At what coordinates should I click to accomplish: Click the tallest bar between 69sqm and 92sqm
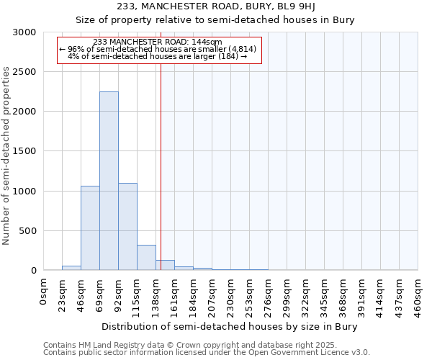(109, 181)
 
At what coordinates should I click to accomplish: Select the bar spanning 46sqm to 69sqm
(90, 228)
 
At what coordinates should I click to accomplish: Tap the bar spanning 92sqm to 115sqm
(127, 226)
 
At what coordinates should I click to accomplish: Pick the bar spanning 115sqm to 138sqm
(146, 257)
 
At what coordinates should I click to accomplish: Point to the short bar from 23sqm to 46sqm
(71, 268)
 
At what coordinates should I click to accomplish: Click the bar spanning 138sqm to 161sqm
(165, 265)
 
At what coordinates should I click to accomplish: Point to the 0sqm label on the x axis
(44, 294)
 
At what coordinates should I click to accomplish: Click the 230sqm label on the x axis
(231, 296)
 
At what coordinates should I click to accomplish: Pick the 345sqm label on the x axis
(325, 296)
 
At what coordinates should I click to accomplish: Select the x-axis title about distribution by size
(230, 326)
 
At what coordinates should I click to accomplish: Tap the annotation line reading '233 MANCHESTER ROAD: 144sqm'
(158, 42)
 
